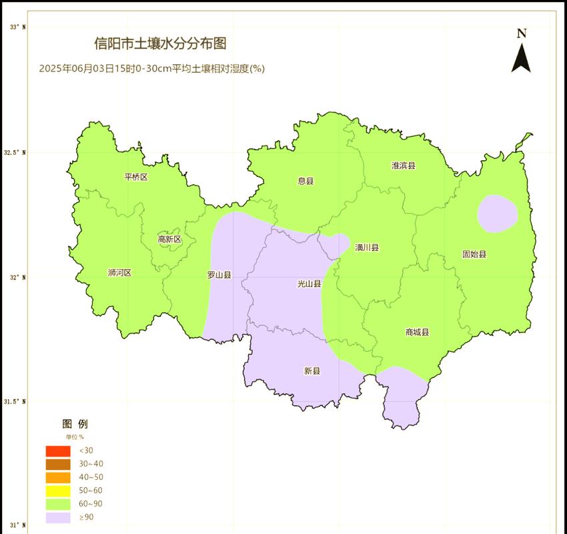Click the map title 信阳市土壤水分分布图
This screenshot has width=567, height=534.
pos(160,44)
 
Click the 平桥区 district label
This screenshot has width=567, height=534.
pos(136,177)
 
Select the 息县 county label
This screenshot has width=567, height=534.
pos(306,181)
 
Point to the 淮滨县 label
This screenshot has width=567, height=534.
pos(404,166)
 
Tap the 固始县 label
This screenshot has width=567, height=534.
pos(474,254)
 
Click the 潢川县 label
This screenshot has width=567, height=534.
pos(367,248)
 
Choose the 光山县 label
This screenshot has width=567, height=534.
pos(309,284)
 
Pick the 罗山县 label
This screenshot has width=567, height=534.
pos(219,274)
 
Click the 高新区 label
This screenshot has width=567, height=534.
pos(169,239)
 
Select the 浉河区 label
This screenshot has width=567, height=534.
pos(119,272)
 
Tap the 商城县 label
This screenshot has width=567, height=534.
pos(417,332)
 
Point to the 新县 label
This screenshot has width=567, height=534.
pos(312,371)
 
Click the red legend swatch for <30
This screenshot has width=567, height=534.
pos(58,451)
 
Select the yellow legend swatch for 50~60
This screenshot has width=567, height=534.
pos(58,491)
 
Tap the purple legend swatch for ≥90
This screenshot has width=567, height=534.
pos(58,517)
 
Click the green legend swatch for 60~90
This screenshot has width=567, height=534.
pos(58,504)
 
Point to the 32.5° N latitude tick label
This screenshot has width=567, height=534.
pos(17,153)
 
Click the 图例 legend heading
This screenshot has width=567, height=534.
pos(75,424)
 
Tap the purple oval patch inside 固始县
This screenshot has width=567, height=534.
pos(498,214)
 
